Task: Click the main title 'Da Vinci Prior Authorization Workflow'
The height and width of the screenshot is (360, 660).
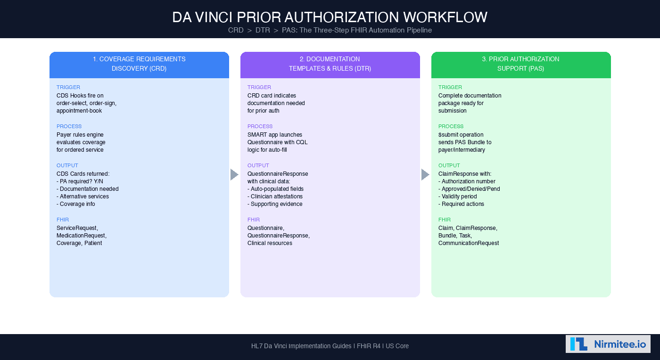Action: click(330, 17)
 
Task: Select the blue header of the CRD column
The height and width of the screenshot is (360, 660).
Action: click(139, 64)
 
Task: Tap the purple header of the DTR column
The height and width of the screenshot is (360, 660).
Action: click(330, 64)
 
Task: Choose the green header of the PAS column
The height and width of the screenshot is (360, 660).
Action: click(520, 64)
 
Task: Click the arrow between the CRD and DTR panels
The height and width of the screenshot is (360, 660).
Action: click(234, 174)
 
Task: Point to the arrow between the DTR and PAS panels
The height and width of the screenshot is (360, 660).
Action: click(425, 174)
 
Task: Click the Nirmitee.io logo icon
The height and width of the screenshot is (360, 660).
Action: click(578, 344)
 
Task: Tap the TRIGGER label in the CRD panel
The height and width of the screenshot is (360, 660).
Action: click(68, 87)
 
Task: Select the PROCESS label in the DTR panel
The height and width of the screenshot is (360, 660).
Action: click(260, 126)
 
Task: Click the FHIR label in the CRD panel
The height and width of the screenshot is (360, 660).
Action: click(63, 220)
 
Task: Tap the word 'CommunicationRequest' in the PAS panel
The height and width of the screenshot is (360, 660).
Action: click(468, 243)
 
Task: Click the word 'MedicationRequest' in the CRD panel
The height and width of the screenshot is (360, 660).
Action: click(81, 236)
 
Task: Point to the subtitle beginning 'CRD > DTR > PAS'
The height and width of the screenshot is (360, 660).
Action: click(330, 30)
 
